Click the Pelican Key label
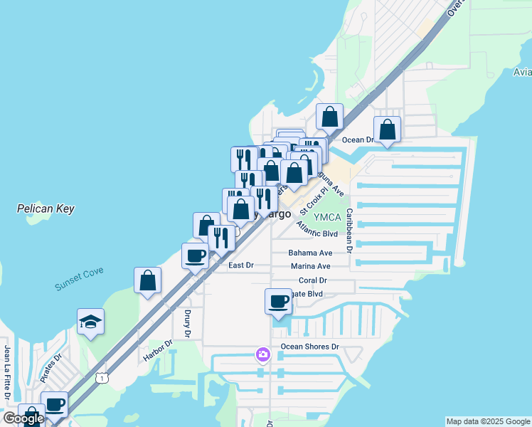(46, 209)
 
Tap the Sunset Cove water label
(79, 278)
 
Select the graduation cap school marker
(91, 322)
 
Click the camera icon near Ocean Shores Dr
(263, 354)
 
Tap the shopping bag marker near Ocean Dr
(387, 130)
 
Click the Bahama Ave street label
(310, 253)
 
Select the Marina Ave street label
(311, 266)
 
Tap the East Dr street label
(240, 265)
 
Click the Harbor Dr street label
(158, 350)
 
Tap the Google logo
(23, 419)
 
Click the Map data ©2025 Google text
(486, 421)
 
